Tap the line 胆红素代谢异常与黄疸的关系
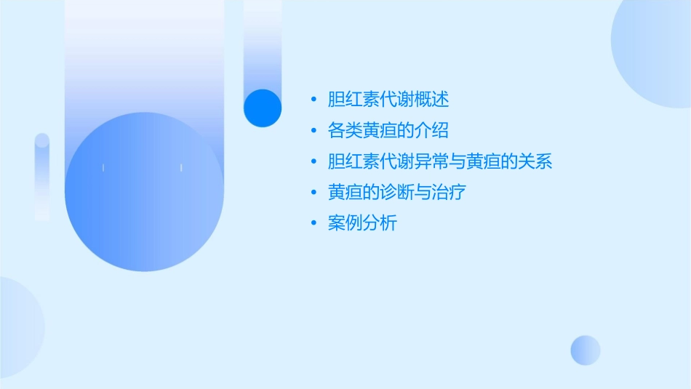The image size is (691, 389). click(440, 161)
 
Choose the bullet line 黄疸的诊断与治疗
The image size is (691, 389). click(396, 193)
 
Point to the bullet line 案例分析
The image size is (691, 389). click(362, 224)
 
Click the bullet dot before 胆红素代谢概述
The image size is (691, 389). click(313, 100)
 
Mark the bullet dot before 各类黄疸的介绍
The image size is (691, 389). click(313, 131)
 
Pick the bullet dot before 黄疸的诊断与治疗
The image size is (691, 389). click(313, 193)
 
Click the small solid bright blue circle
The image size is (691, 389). click(263, 108)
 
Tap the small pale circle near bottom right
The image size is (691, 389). click(586, 350)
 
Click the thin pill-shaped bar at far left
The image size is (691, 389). click(42, 177)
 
